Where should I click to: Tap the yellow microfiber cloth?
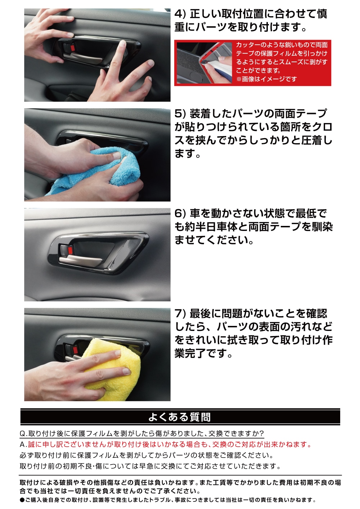(x=112, y=368)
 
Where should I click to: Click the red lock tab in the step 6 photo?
(x=71, y=251)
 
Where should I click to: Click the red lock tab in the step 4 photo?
(x=73, y=48)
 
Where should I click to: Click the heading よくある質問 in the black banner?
(x=180, y=417)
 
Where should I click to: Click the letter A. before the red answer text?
(x=23, y=445)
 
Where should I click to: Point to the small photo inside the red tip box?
(x=204, y=63)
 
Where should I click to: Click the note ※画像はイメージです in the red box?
(x=266, y=79)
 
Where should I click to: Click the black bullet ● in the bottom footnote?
(x=22, y=500)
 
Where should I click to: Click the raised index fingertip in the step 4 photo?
(x=123, y=43)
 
